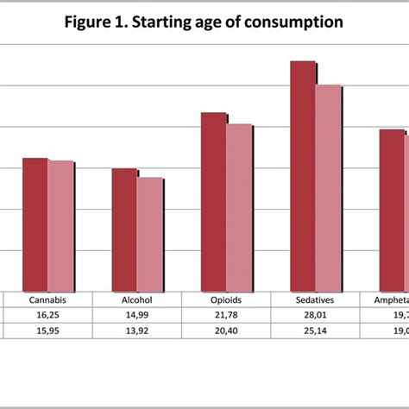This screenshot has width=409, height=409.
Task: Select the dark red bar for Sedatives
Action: click(302, 176)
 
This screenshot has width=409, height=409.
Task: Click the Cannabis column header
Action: click(48, 300)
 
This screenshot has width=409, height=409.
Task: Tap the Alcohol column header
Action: click(137, 300)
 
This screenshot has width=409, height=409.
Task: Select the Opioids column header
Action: click(226, 300)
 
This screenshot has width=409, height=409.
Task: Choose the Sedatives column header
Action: click(316, 300)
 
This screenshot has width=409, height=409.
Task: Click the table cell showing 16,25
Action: click(48, 315)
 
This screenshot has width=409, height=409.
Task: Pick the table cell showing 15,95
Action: click(48, 330)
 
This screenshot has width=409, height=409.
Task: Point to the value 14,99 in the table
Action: click(137, 315)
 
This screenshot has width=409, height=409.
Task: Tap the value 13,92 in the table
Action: click(137, 330)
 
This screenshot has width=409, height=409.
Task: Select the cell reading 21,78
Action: click(226, 315)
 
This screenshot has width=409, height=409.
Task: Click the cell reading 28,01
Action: click(316, 315)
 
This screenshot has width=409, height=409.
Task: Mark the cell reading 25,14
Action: click(316, 330)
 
